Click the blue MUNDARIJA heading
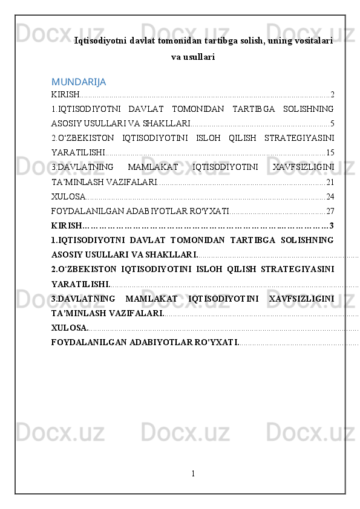(79, 81)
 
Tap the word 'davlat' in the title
(126, 41)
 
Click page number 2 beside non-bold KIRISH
(333, 94)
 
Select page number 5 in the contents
(333, 123)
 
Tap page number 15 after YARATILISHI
(330, 152)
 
